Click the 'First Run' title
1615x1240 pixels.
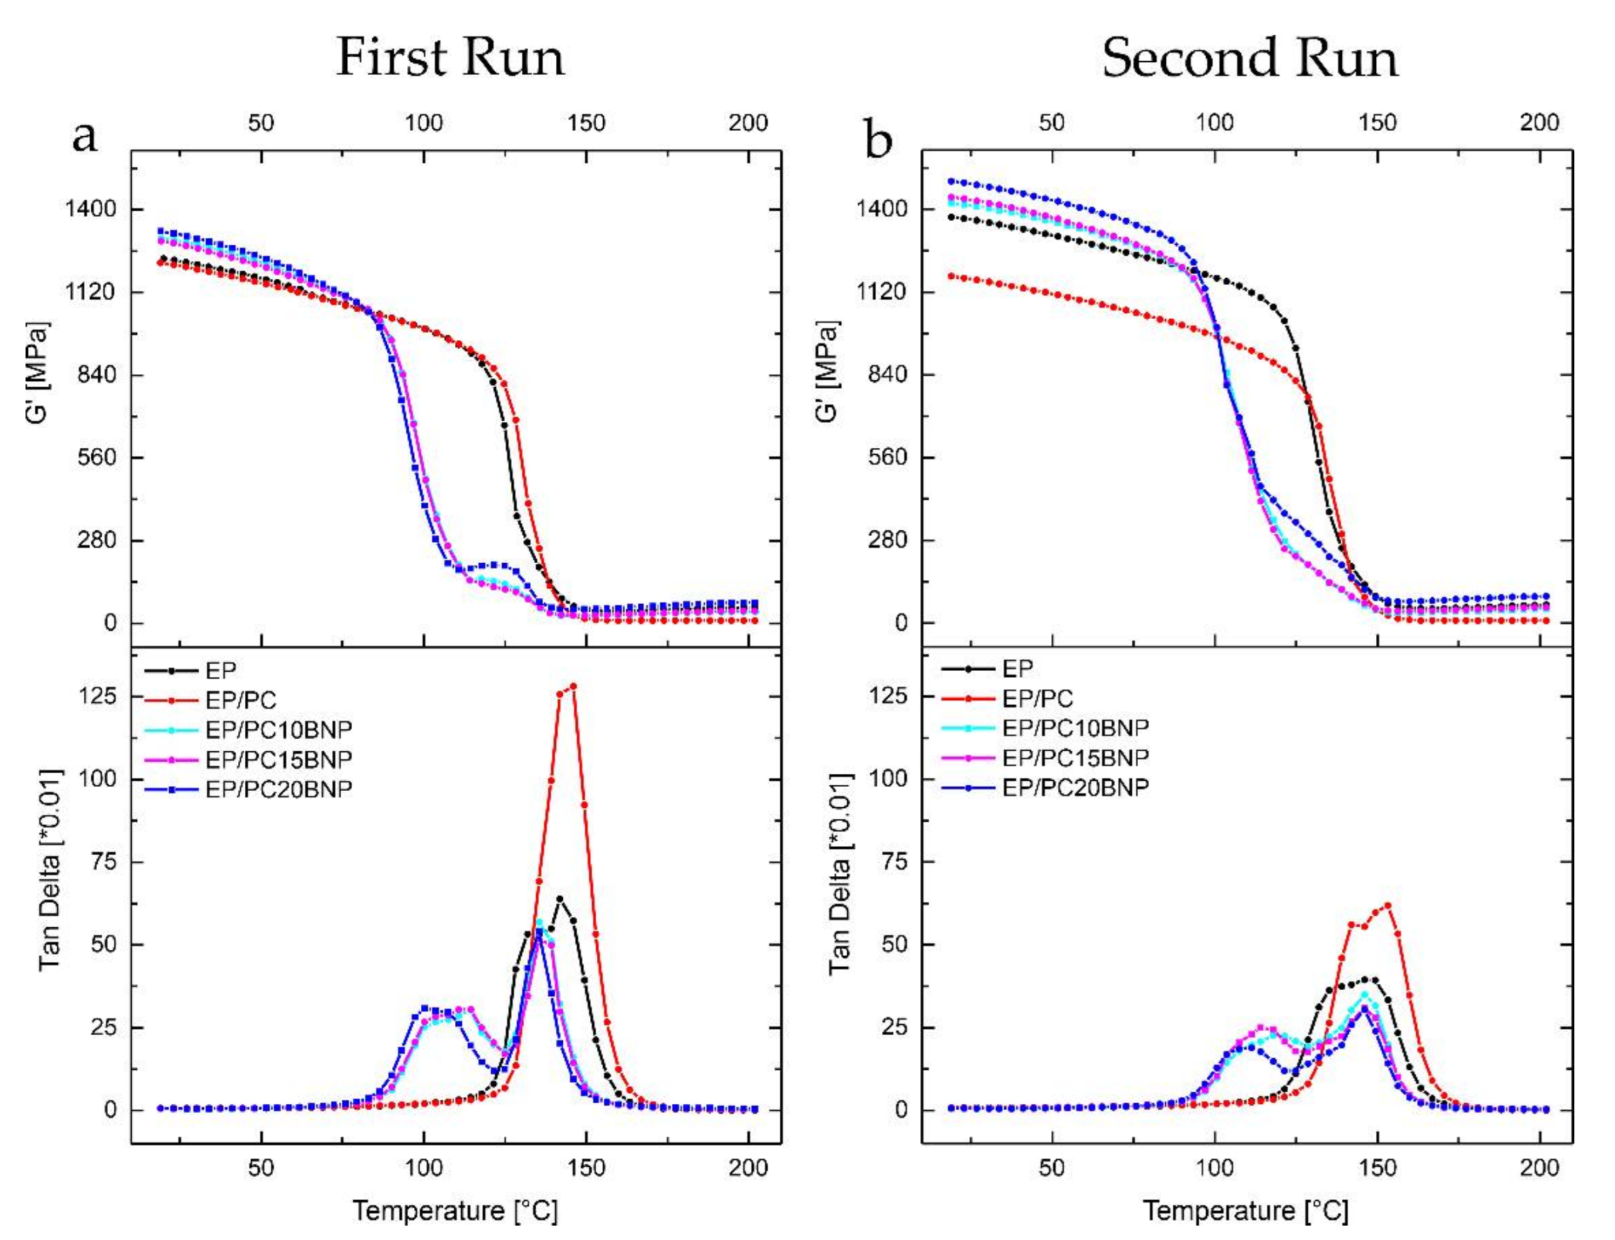point(450,57)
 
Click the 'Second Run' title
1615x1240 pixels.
point(1249,57)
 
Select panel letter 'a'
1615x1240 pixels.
point(85,136)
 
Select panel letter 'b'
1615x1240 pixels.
point(878,139)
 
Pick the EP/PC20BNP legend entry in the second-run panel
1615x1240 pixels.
point(1075,788)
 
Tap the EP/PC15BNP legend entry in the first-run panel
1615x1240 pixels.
point(278,759)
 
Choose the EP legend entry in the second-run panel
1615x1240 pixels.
point(1017,669)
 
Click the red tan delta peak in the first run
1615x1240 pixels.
point(573,686)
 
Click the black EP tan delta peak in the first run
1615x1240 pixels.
point(560,898)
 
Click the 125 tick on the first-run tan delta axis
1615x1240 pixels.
point(98,696)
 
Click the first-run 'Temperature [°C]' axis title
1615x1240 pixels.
point(455,1210)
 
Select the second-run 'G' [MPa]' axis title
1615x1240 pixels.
point(829,373)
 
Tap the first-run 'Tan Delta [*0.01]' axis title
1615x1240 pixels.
point(50,870)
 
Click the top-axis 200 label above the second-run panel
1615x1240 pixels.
point(1538,122)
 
